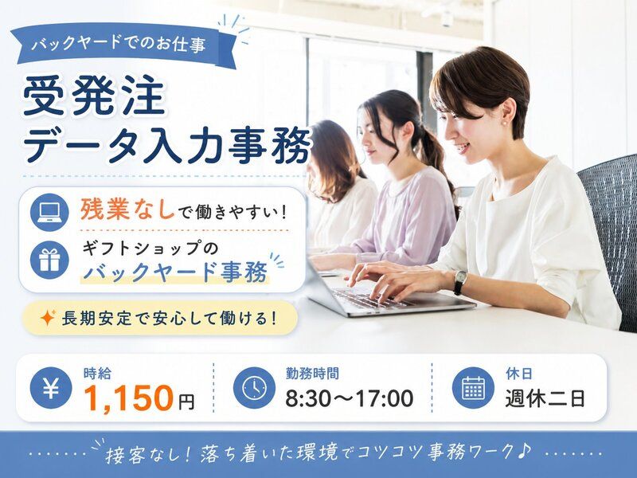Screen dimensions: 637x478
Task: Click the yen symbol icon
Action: pyautogui.click(x=51, y=388)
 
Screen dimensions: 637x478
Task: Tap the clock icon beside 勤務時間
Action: pyautogui.click(x=254, y=388)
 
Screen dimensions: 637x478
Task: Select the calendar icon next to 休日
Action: pyautogui.click(x=473, y=388)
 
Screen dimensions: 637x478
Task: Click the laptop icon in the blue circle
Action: pyautogui.click(x=49, y=212)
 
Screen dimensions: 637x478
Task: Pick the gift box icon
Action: pyautogui.click(x=49, y=260)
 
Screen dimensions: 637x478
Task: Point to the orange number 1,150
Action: pyautogui.click(x=128, y=397)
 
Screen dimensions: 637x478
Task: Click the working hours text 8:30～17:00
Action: pyautogui.click(x=349, y=398)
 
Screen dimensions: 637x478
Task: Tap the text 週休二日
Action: pyautogui.click(x=545, y=398)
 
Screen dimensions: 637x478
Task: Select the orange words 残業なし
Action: pyautogui.click(x=127, y=210)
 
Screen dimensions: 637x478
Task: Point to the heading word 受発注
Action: pyautogui.click(x=94, y=96)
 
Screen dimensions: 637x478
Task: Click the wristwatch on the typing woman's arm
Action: pyautogui.click(x=460, y=281)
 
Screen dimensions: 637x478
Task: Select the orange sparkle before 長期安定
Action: pyautogui.click(x=48, y=317)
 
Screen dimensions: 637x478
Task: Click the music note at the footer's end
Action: pyautogui.click(x=525, y=450)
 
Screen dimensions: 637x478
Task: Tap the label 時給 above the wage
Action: pyautogui.click(x=97, y=373)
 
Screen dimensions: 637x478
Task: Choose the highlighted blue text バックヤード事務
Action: pyautogui.click(x=175, y=272)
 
